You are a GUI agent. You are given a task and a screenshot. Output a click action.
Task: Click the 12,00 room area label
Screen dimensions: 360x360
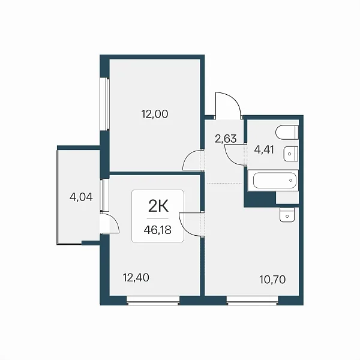[155, 114]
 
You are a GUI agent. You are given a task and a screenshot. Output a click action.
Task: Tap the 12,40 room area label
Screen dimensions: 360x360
[136, 278]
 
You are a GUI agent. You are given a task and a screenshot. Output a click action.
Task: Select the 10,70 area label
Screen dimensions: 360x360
[272, 280]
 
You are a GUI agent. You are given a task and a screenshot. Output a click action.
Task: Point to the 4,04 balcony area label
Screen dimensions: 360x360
[81, 197]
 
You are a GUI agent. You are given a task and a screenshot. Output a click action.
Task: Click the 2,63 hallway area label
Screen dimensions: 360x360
[226, 139]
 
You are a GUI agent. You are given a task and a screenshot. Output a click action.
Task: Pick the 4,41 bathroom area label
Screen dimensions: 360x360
[264, 149]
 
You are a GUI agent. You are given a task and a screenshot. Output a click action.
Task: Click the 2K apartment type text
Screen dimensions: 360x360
[158, 206]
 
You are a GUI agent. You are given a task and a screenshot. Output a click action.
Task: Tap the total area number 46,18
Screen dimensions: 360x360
[157, 230]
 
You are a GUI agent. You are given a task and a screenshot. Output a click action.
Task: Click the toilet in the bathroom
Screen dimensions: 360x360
[287, 132]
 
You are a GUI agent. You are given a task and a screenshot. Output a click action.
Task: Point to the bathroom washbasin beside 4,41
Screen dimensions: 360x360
[291, 154]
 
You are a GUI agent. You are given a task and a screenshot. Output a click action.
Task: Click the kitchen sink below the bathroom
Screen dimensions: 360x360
[287, 215]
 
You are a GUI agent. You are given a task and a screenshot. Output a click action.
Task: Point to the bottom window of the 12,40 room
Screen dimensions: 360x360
[153, 301]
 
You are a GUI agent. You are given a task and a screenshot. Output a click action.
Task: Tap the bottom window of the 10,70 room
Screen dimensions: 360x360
[253, 301]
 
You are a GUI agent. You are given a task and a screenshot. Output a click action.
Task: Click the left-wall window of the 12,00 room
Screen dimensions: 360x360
[104, 104]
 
